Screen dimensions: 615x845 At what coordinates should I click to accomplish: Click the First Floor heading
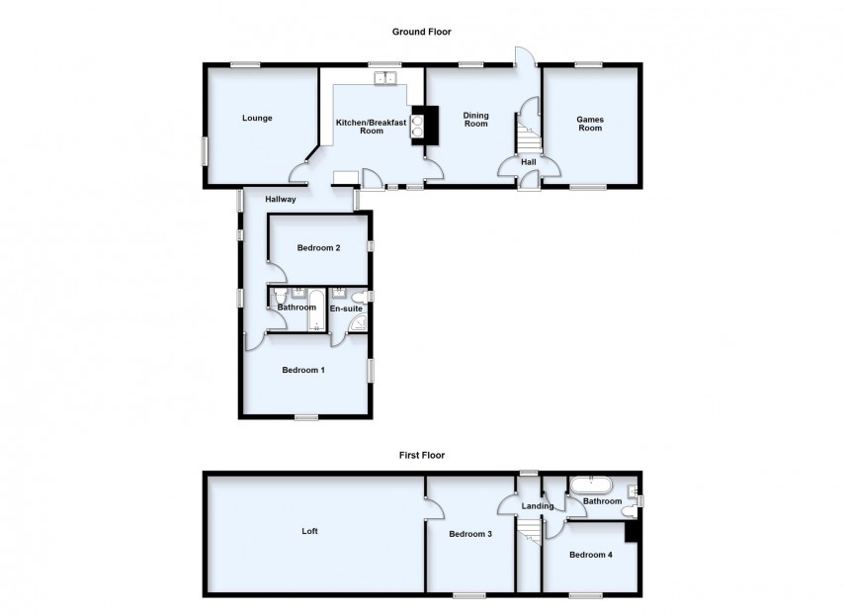[x=421, y=456]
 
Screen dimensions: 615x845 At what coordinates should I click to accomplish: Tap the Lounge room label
[x=257, y=118]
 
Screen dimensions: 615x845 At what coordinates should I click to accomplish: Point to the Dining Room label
[x=476, y=120]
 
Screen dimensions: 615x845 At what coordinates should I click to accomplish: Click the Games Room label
[x=590, y=123]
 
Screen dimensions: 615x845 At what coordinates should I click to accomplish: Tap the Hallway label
[x=281, y=200]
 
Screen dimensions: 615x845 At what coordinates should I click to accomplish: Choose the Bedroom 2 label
[x=318, y=248]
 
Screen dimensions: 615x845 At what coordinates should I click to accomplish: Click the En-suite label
[x=346, y=308]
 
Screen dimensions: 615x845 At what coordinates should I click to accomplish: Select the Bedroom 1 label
[x=303, y=371]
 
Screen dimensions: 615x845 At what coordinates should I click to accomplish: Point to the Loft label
[x=310, y=531]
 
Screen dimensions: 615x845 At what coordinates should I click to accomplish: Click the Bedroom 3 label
[x=469, y=535]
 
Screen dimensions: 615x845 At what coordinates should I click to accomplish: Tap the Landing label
[x=538, y=506]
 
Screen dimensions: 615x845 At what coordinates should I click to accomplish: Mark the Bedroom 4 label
[x=590, y=555]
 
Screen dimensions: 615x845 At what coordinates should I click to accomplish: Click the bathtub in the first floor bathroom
[x=592, y=486]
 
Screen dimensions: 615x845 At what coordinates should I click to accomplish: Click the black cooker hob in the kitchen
[x=418, y=126]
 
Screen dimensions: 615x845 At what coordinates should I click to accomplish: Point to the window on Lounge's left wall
[x=206, y=152]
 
